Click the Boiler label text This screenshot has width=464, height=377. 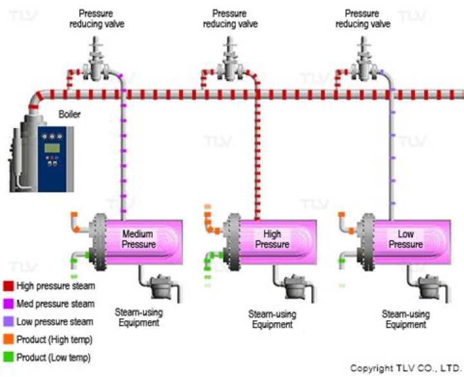point(70,115)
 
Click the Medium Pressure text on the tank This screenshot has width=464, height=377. point(139,239)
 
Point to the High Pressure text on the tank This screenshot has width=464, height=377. point(272,239)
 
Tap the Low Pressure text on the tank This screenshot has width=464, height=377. point(406,239)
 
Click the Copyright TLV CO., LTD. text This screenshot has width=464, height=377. point(405,369)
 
